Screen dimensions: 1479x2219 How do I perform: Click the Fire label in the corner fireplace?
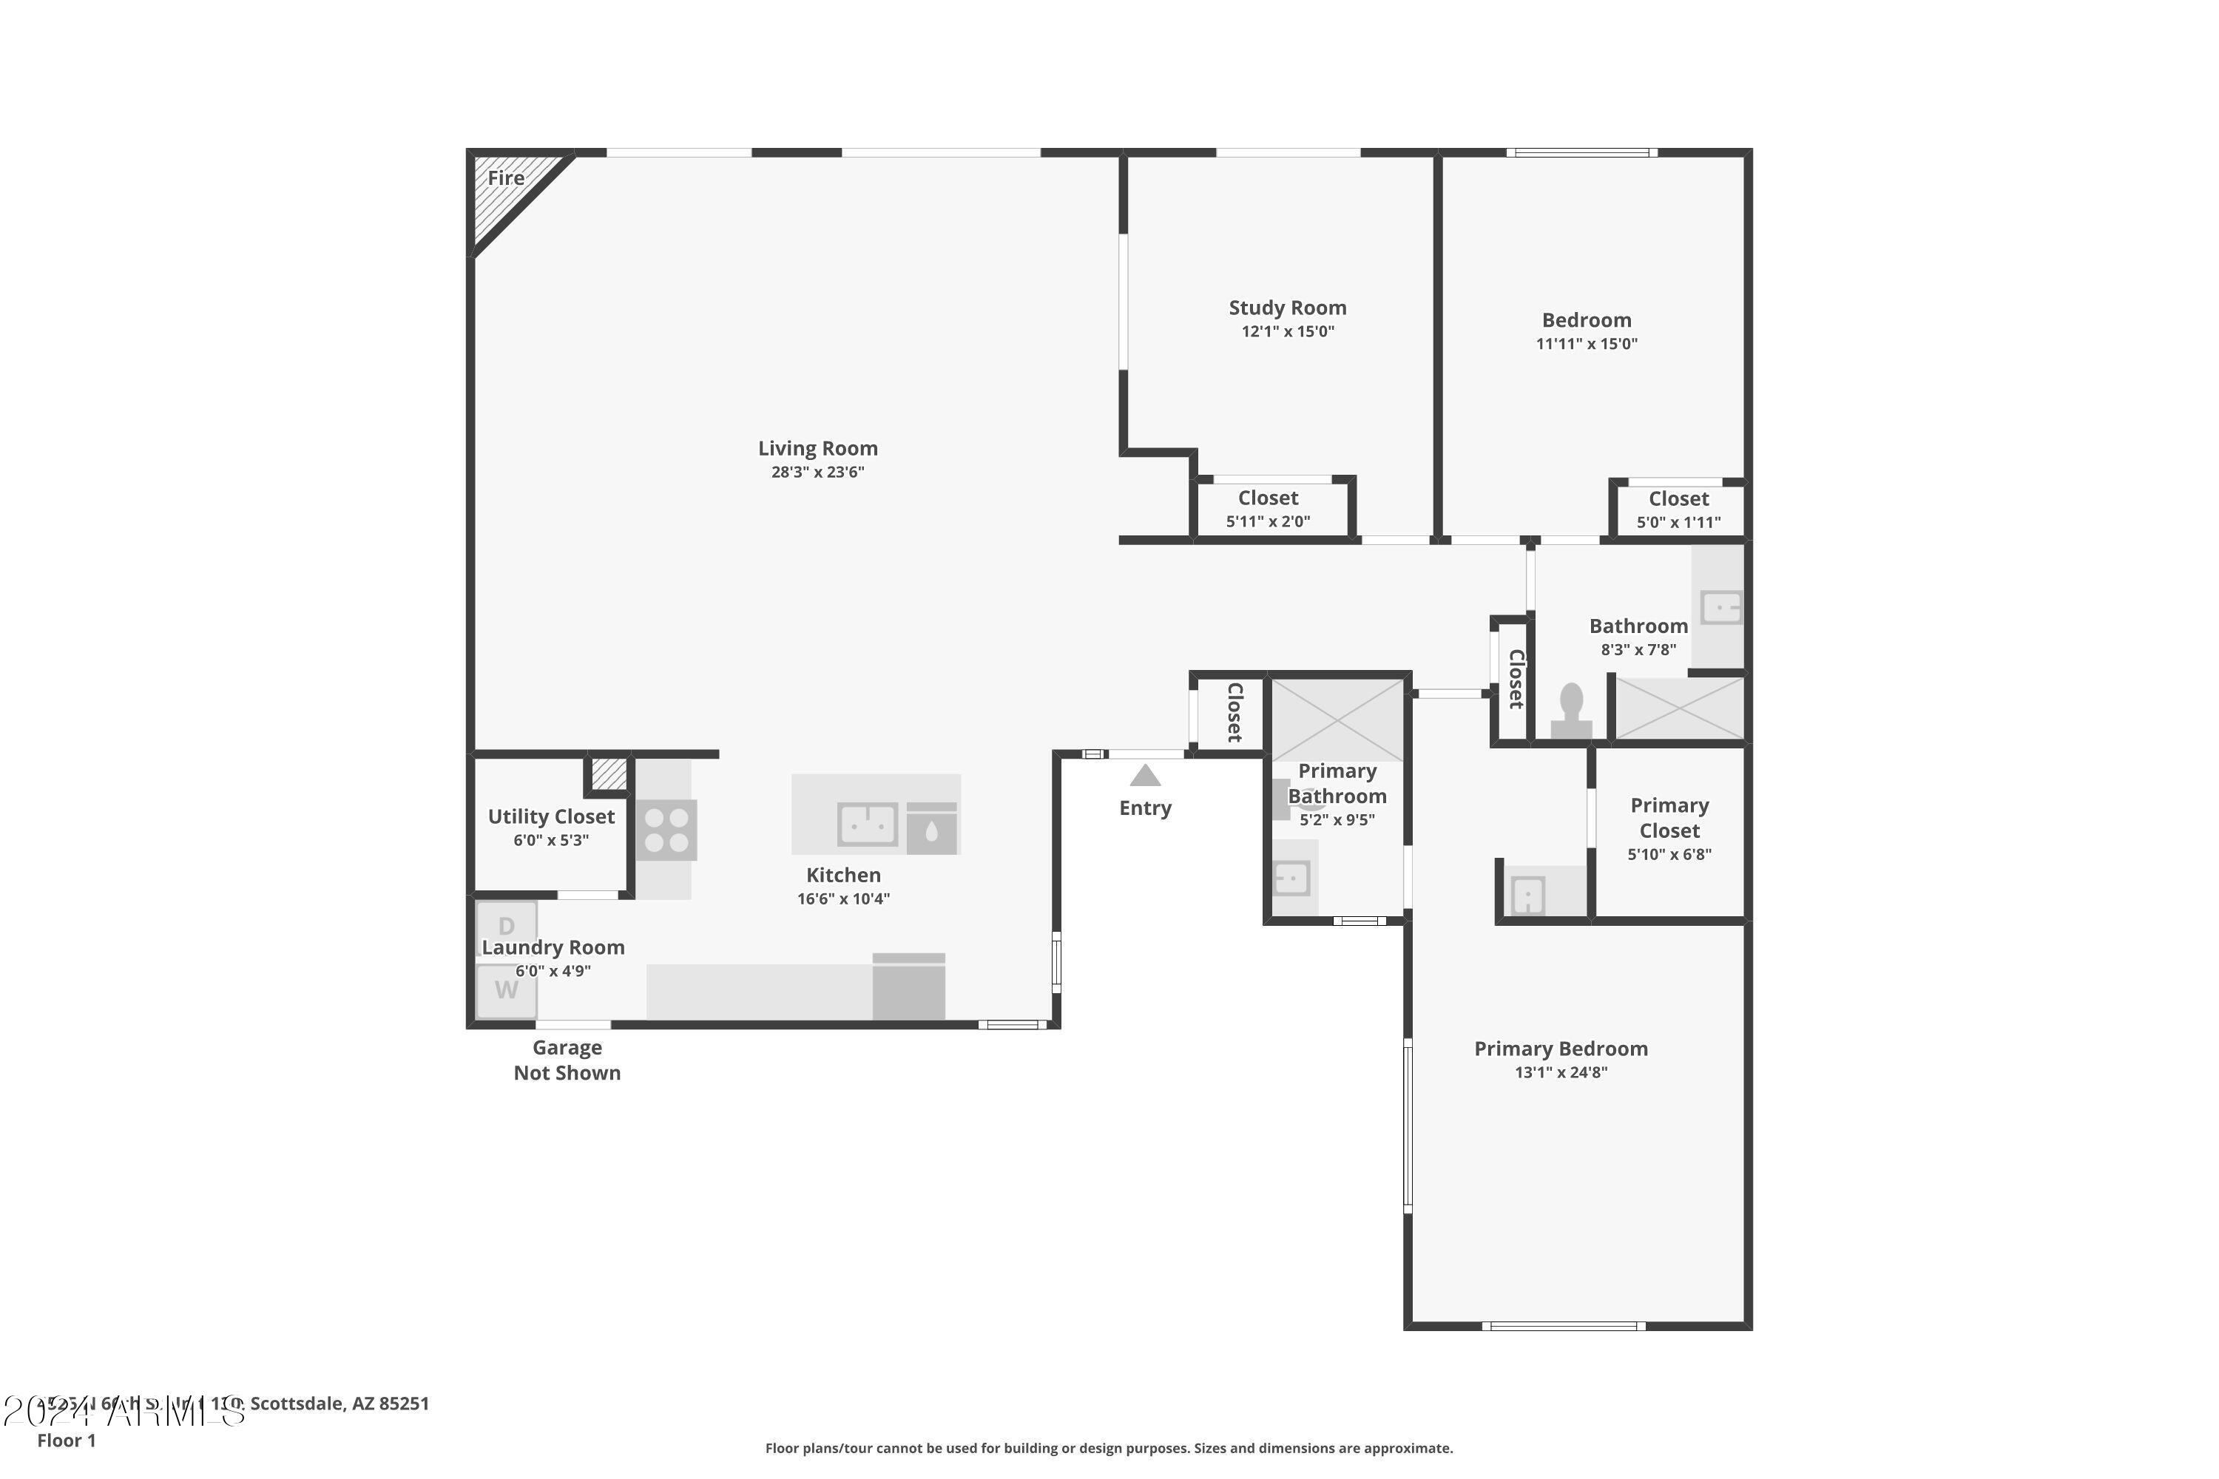[x=506, y=177]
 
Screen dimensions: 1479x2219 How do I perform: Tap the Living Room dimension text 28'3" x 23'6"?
[x=817, y=473]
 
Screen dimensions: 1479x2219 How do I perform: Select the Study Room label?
[x=1287, y=308]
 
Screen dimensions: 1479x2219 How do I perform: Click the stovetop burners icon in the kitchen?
[x=666, y=830]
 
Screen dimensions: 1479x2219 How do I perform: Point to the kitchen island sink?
[x=867, y=825]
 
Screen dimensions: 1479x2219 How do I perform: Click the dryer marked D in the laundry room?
[x=507, y=927]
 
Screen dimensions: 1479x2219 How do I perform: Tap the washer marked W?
[x=507, y=990]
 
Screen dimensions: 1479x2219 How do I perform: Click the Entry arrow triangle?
[x=1144, y=776]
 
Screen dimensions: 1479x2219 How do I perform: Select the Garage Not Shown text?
[x=567, y=1060]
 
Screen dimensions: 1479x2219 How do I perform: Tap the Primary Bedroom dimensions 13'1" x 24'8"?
[x=1561, y=1072]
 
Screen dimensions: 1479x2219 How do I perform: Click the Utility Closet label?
[x=551, y=817]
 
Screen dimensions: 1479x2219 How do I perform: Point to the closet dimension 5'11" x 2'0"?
[x=1267, y=521]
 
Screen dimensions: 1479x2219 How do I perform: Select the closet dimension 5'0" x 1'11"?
[x=1678, y=523]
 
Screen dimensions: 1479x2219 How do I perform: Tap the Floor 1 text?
[x=66, y=1441]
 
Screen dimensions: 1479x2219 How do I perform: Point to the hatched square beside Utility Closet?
[x=609, y=774]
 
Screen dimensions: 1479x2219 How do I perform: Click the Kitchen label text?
[x=842, y=876]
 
